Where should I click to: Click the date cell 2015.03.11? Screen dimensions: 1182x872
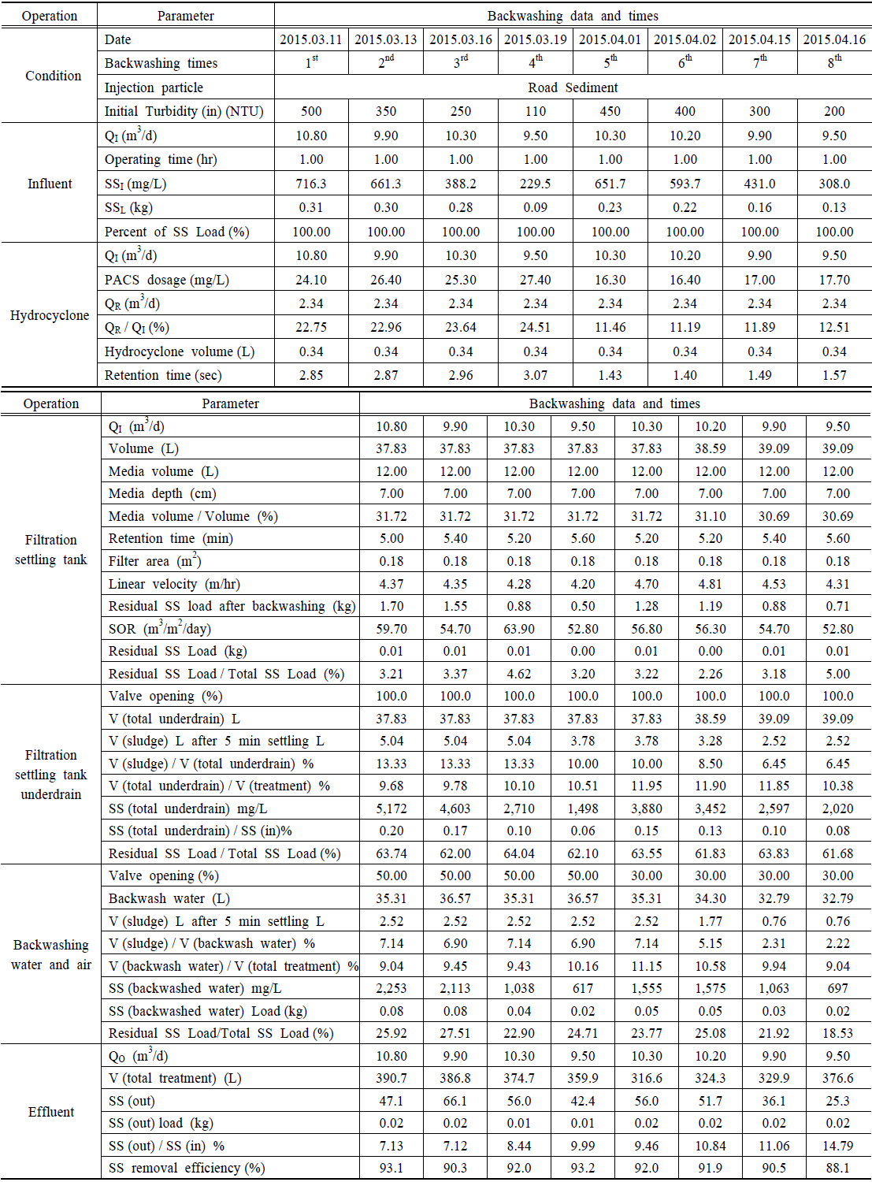311,39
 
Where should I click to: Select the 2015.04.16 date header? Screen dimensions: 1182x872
834,39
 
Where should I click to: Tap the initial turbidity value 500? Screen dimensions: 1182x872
311,111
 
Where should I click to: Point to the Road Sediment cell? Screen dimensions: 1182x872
573,87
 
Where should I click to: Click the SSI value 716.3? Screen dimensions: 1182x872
311,184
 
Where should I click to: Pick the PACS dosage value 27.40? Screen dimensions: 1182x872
536,280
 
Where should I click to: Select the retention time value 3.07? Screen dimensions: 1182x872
536,375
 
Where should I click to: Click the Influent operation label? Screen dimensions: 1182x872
50,184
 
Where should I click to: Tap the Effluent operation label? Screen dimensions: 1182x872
51,1112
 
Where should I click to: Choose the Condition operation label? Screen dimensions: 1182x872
53,76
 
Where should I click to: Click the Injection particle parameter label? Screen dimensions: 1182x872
154,87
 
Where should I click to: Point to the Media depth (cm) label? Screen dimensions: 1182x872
162,493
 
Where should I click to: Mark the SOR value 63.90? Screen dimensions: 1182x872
519,629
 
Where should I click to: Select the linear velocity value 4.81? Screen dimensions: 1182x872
711,584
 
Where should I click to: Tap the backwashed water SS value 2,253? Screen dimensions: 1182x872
391,988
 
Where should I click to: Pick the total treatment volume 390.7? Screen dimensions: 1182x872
391,1078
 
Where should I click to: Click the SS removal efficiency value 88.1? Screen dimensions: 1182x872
837,1168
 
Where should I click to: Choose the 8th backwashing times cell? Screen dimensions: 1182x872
834,63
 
